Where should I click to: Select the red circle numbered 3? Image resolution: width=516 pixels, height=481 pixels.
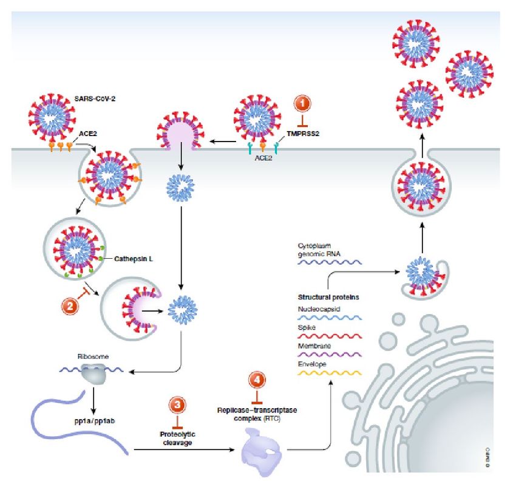pyautogui.click(x=177, y=405)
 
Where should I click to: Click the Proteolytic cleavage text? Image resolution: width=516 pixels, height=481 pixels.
pyautogui.click(x=177, y=438)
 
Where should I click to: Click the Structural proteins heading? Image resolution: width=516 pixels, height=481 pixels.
pyautogui.click(x=327, y=298)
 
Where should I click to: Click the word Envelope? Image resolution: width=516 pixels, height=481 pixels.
pyautogui.click(x=311, y=364)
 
